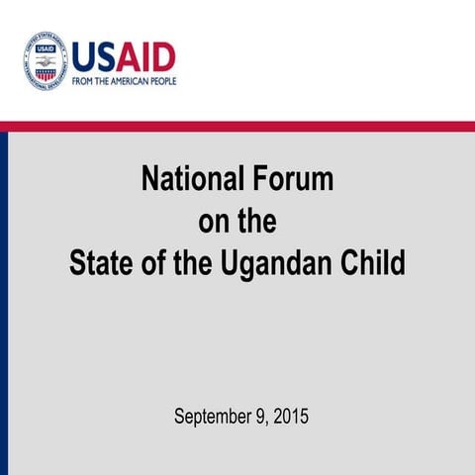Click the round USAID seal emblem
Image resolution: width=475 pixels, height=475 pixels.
45,60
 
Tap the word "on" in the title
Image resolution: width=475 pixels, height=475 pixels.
212,223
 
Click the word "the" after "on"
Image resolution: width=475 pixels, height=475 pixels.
256,223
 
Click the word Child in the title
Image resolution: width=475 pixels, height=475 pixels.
374,265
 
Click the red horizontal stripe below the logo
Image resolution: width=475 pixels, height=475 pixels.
237,126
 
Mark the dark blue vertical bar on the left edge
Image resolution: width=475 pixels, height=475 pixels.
4,297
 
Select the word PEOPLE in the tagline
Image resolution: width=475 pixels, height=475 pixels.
162,81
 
